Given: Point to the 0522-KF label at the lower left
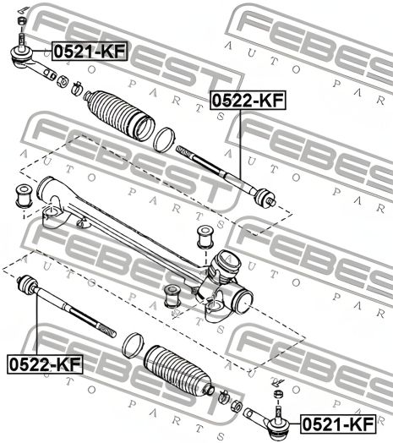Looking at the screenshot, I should (46, 364).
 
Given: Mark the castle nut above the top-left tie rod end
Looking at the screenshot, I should (22, 21).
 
